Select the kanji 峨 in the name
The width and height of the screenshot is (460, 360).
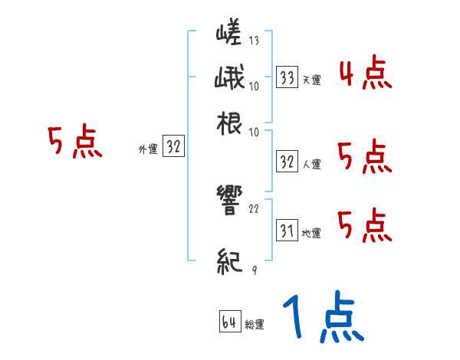click(229, 78)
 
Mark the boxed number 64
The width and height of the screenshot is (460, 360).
click(229, 322)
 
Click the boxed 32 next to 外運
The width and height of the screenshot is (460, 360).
click(173, 148)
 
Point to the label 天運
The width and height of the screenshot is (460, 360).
click(311, 80)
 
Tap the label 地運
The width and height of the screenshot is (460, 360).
click(311, 233)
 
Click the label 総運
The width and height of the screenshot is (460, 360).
click(254, 325)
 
